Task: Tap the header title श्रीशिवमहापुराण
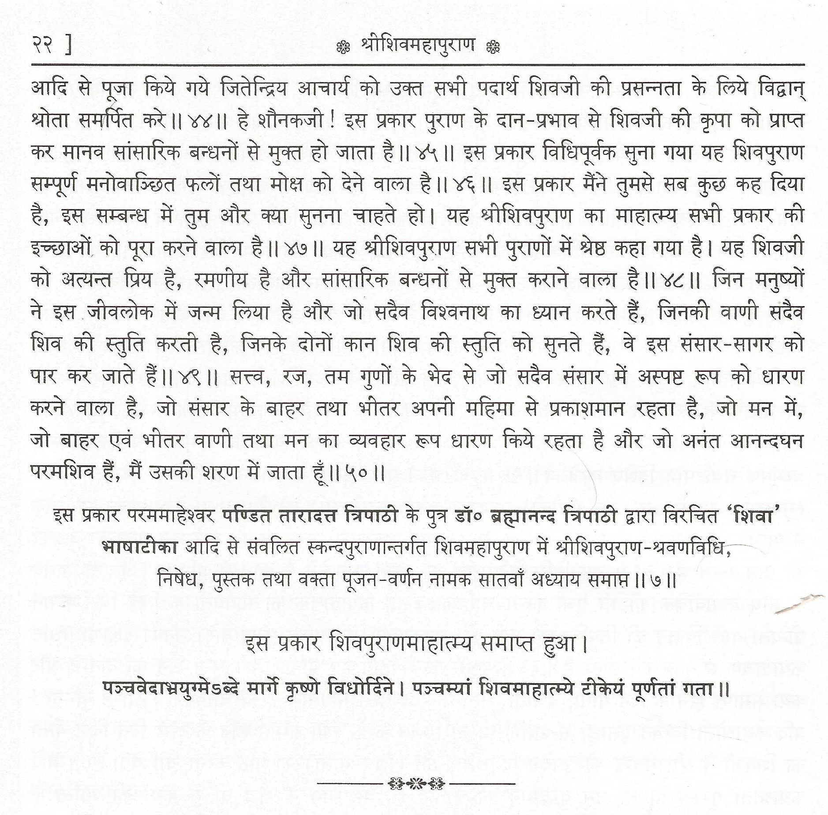point(417,45)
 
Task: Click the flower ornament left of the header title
point(343,47)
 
